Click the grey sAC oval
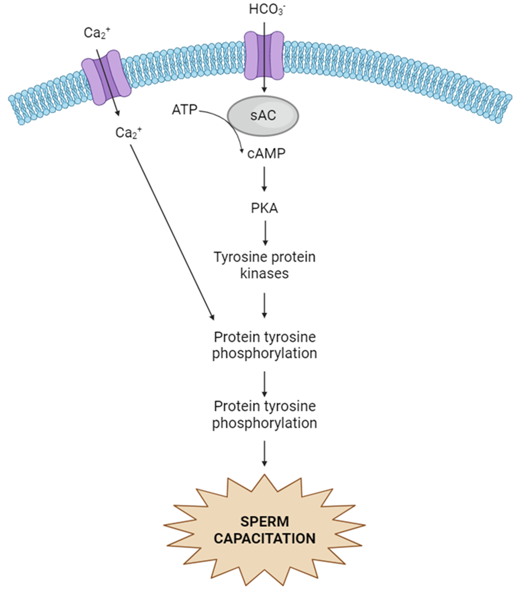click(x=263, y=116)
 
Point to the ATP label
click(x=184, y=110)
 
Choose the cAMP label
click(x=266, y=153)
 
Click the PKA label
click(x=264, y=208)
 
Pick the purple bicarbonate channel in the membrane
click(x=264, y=55)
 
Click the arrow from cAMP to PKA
click(x=264, y=179)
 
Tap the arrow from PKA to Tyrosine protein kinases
click(x=265, y=233)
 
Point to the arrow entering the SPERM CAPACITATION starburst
click(x=265, y=453)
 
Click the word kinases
click(x=265, y=273)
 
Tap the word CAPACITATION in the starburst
click(x=265, y=539)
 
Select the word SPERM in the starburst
click(x=265, y=521)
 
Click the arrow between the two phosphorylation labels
click(x=265, y=384)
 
